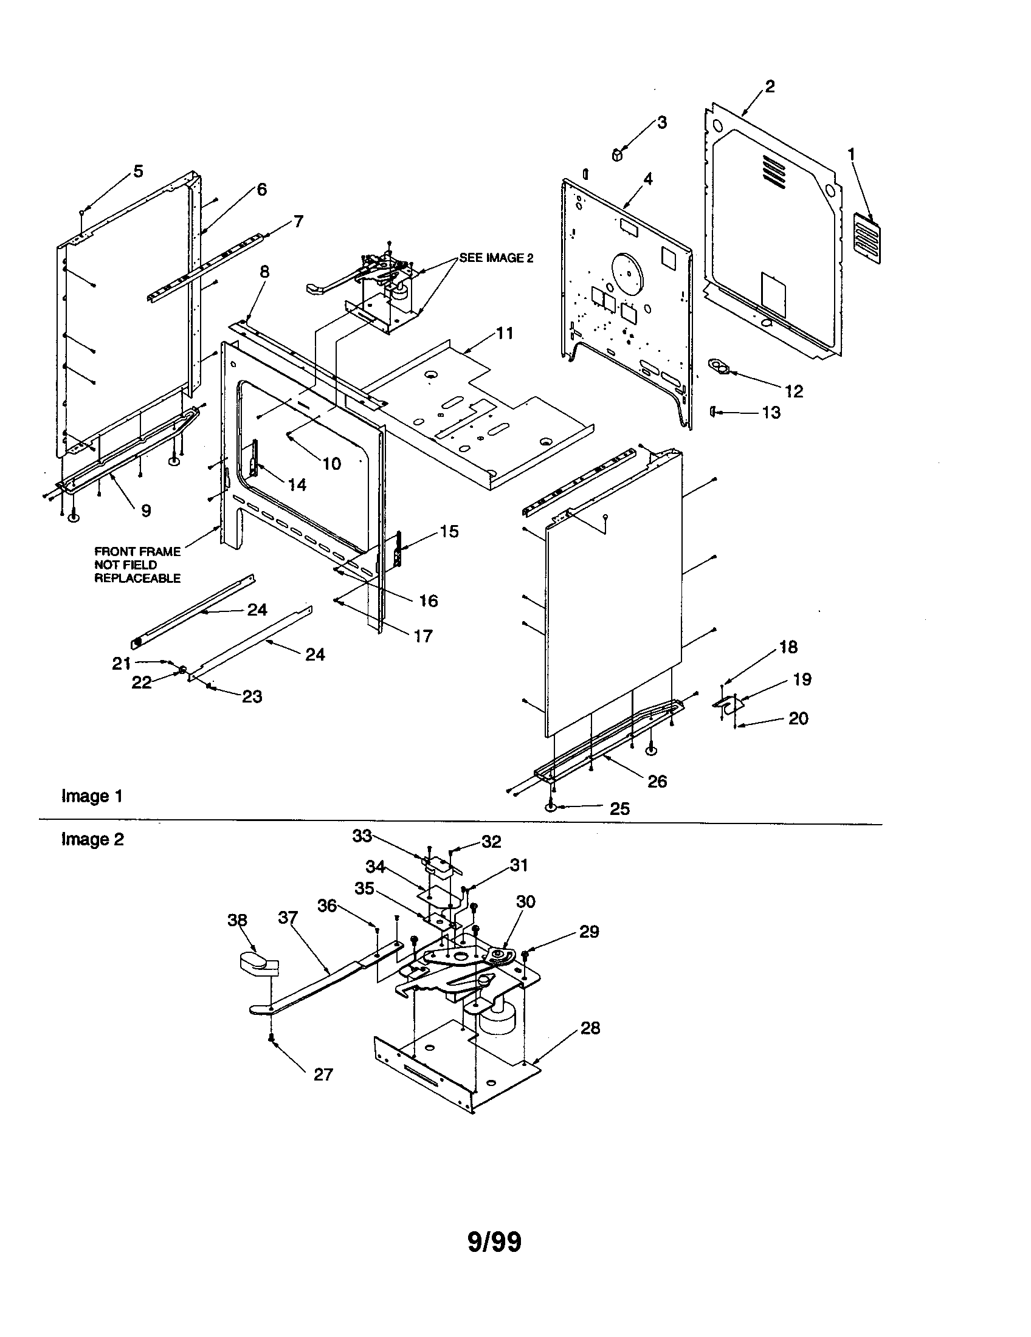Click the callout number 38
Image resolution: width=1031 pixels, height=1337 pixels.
[237, 920]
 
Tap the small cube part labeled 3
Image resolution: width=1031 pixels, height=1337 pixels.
[617, 153]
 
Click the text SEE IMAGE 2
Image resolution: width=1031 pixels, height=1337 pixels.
[496, 258]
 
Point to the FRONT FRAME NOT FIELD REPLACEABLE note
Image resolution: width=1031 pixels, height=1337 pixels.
[137, 565]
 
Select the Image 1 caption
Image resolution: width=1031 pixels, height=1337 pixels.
[92, 796]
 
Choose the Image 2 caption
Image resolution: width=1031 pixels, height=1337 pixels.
[92, 839]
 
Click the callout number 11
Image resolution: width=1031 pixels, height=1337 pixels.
[505, 334]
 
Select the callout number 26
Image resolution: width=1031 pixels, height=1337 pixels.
[657, 781]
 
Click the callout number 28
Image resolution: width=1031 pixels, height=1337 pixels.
[590, 1028]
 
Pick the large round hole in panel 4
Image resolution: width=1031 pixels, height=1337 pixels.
[625, 268]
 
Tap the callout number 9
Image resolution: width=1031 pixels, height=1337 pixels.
[146, 510]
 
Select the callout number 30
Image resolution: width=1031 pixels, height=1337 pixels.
[525, 902]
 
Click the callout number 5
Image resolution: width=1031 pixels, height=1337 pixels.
[139, 171]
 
